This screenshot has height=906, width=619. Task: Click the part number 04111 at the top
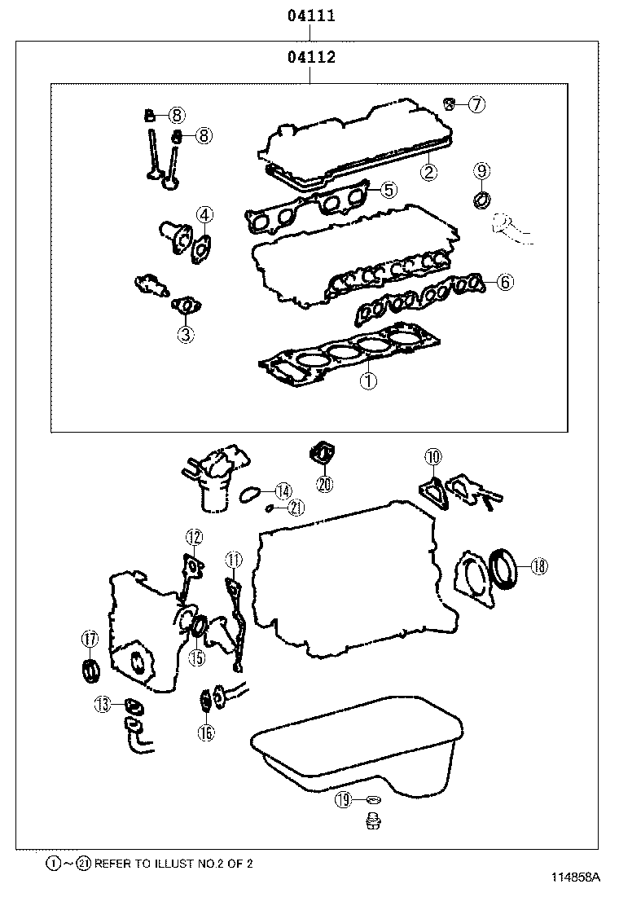[x=310, y=15]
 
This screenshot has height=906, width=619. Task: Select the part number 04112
[x=310, y=58]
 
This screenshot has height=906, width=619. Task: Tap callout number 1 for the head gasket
[x=368, y=380]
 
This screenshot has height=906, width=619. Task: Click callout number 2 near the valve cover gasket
[x=428, y=171]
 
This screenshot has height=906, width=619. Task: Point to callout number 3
[x=186, y=333]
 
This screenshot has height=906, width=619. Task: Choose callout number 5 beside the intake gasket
[x=388, y=190]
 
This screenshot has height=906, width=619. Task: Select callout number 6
[x=504, y=282]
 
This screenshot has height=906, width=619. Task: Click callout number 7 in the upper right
[x=476, y=103]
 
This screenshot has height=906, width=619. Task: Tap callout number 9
[x=481, y=170]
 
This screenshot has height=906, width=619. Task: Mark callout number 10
[x=432, y=456]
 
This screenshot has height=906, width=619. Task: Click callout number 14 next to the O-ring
[x=282, y=490]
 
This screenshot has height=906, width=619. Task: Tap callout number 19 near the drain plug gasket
[x=344, y=801]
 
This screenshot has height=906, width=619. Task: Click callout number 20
[x=325, y=484]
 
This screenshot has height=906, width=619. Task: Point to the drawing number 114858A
[x=575, y=877]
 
